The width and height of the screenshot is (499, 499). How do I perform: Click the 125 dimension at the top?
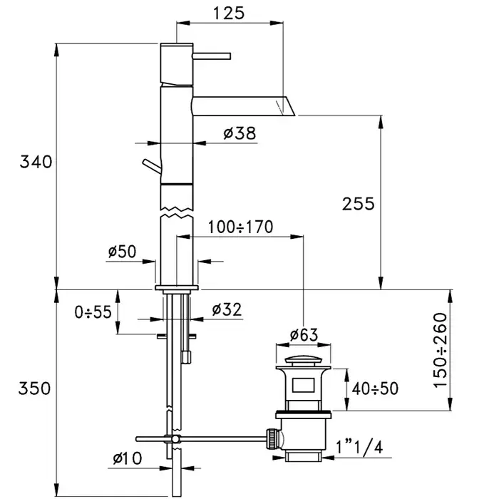229,14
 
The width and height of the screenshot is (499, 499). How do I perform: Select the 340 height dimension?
36,162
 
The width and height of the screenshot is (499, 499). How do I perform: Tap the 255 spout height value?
359,204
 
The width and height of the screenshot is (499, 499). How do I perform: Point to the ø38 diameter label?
240,133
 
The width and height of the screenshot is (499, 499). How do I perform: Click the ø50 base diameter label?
122,252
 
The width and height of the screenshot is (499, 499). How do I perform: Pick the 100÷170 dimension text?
241,227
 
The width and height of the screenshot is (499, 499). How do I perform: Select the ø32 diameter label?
227,309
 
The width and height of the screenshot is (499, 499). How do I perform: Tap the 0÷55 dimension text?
93,312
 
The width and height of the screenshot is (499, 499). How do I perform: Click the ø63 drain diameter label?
304,335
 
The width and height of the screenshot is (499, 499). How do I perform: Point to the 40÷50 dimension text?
375,389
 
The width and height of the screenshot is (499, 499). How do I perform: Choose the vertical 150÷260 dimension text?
441,350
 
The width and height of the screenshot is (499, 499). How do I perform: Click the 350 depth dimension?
34,389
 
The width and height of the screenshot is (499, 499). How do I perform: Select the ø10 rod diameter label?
128,458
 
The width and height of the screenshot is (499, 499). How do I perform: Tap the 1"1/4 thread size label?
359,447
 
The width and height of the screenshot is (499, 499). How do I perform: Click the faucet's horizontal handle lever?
211,56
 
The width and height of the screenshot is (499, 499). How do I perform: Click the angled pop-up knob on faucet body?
152,166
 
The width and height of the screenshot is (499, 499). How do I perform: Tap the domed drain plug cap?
303,361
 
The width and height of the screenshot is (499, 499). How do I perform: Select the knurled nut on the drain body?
273,438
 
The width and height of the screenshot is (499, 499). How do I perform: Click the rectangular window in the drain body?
303,385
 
